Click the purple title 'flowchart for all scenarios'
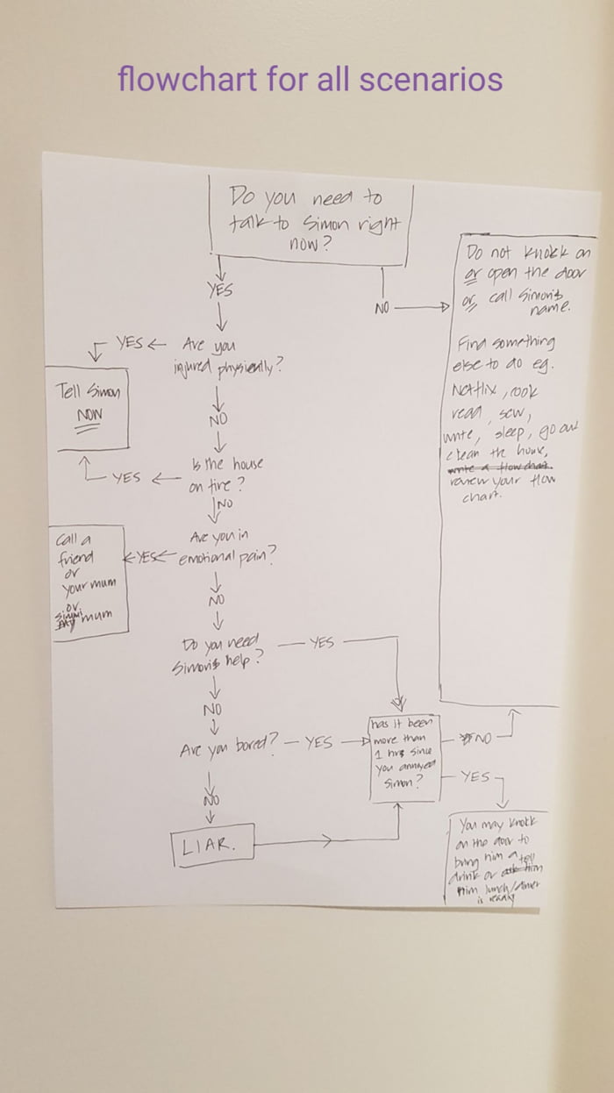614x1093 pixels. pos(310,80)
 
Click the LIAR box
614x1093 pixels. pos(211,844)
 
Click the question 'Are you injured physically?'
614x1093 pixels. pos(226,356)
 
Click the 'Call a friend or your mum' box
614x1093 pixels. pos(89,583)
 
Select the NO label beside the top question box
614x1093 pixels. pos(382,308)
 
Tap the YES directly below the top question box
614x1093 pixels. pos(219,289)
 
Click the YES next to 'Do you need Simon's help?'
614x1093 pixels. pos(321,643)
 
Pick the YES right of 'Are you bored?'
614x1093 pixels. pos(318,743)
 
